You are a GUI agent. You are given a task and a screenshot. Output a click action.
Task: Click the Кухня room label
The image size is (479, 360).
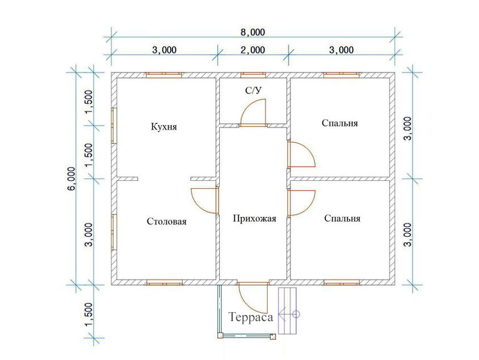pos(163,126)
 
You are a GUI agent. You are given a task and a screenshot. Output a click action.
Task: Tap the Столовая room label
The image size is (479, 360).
pos(166,221)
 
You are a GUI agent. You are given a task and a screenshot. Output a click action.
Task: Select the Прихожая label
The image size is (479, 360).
pos(254,219)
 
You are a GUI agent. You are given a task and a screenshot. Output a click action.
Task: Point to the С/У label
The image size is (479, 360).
pos(254,90)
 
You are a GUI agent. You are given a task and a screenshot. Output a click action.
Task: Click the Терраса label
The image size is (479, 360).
pos(250,317)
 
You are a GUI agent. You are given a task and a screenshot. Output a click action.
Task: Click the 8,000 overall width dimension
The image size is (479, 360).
pos(253,32)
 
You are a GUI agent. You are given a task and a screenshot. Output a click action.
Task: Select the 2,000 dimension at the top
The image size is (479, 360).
pos(253,50)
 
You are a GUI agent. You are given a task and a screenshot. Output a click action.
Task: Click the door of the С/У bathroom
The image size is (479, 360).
pos(253,113)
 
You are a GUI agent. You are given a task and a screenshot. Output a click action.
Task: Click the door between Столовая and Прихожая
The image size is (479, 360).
pos(205,201)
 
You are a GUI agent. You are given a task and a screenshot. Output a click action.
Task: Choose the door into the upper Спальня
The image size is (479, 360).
pos(301,154)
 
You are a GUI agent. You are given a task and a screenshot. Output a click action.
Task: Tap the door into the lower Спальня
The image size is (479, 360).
pos(301,203)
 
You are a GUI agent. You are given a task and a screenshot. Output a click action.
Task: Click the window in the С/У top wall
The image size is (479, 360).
pos(253,75)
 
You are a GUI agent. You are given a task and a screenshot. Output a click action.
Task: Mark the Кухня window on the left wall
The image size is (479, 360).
pos(114,126)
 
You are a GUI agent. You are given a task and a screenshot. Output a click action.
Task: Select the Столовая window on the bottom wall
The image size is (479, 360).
pos(164,282)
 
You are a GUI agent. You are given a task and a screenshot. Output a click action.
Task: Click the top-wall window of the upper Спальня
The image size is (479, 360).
pos(341,75)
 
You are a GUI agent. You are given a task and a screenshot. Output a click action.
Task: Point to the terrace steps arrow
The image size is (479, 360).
pos(287,314)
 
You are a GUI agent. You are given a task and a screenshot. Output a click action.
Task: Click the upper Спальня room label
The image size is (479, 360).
pos(339,123)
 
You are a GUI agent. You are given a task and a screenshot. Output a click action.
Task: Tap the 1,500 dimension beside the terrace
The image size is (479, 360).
pos(89,314)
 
